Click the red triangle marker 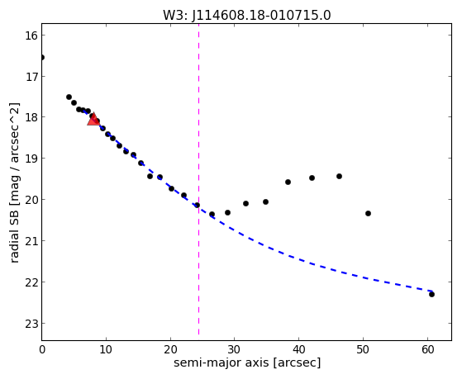[93, 119]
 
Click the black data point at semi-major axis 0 [42, 57]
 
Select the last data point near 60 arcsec [431, 294]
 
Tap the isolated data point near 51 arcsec [368, 213]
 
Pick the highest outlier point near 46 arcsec [339, 176]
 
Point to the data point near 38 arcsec [288, 182]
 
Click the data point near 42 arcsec [312, 178]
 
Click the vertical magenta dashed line [198, 179]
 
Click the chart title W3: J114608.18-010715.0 [247, 15]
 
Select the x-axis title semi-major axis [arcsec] [247, 362]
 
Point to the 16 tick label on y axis [31, 36]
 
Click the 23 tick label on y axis [31, 324]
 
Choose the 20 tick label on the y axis [31, 200]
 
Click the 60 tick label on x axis [427, 349]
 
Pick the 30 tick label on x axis [235, 349]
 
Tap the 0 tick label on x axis [42, 349]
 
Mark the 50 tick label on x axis [363, 349]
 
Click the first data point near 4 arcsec [69, 97]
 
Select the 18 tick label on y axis [31, 117]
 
